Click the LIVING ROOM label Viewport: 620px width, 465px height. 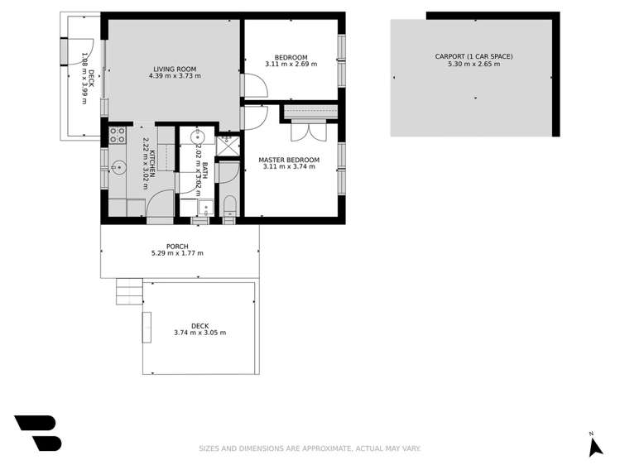(x=175, y=69)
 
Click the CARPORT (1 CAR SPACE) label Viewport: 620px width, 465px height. (x=473, y=56)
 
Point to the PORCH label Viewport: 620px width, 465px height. (x=177, y=247)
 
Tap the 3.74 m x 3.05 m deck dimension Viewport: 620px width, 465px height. (x=199, y=333)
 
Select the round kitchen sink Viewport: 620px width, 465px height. (x=119, y=168)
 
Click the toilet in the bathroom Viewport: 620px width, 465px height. (x=229, y=206)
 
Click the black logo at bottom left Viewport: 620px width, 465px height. (x=37, y=433)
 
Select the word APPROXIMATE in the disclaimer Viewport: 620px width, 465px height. (x=322, y=448)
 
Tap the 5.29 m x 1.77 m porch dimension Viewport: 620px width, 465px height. (x=177, y=254)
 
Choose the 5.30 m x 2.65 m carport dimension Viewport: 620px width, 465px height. (x=473, y=64)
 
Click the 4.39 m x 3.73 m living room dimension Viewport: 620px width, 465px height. (x=175, y=76)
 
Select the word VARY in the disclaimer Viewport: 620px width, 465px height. (x=411, y=448)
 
